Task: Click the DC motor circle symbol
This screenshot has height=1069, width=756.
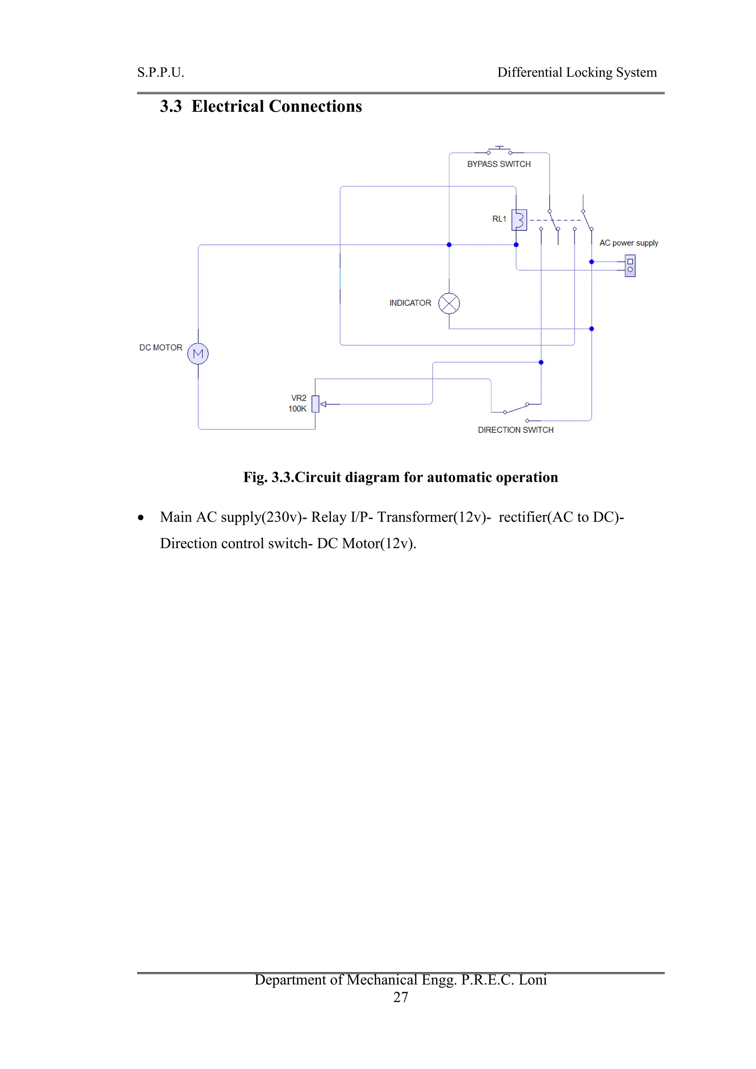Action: [x=198, y=354]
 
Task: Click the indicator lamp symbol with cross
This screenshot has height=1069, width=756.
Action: [x=449, y=304]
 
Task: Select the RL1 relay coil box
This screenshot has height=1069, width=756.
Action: [x=519, y=220]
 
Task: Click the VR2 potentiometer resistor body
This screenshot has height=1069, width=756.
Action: [x=315, y=404]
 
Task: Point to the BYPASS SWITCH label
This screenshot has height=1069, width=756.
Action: [x=499, y=164]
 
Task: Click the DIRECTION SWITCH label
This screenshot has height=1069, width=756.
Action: [x=515, y=430]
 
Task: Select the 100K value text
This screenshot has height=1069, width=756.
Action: [x=297, y=409]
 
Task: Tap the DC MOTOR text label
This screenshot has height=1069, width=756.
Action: [x=161, y=348]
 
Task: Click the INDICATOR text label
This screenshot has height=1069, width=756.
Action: [x=410, y=303]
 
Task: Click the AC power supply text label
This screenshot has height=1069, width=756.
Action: [x=628, y=243]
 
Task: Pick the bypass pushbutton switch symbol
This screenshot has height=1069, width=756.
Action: [x=499, y=150]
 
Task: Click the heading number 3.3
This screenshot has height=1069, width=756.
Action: [x=171, y=107]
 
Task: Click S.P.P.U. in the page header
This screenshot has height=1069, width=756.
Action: [x=161, y=73]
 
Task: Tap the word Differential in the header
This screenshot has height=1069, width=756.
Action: [x=529, y=73]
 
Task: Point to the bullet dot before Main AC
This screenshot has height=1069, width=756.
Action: [x=141, y=518]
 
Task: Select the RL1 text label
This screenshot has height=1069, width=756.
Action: [x=499, y=219]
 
